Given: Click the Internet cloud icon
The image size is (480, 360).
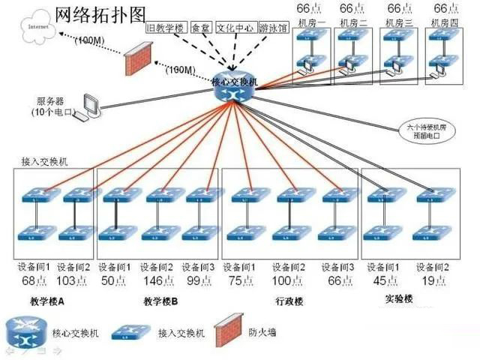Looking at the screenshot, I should click(x=33, y=29).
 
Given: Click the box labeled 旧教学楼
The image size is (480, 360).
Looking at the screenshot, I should click(x=166, y=28).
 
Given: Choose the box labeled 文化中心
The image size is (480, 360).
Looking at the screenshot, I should click(x=235, y=28).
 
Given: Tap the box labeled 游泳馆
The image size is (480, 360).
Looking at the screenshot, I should click(x=272, y=28).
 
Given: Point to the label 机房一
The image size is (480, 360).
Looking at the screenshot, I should click(x=310, y=23).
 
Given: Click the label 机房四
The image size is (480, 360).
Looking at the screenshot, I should click(x=445, y=23).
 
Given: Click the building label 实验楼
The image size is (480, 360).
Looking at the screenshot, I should click(x=399, y=299).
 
